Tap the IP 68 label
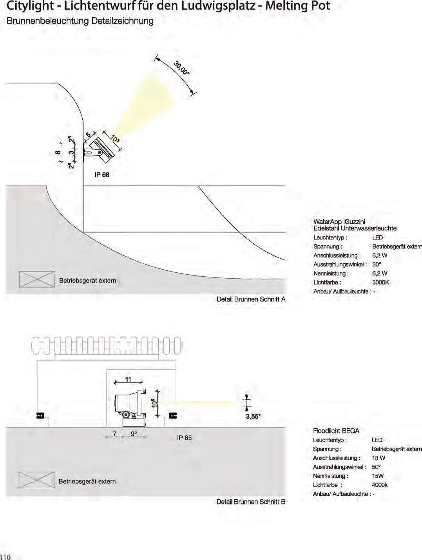[102, 175]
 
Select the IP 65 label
[184, 438]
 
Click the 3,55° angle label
[253, 416]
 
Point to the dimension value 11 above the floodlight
[128, 379]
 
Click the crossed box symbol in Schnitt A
[37, 279]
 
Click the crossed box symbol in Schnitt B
[36, 480]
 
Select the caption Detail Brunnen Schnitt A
[251, 299]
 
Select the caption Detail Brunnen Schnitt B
[251, 502]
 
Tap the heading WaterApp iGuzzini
[339, 222]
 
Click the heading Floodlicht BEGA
[336, 431]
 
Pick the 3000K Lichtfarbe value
[380, 283]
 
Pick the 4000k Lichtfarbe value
[379, 485]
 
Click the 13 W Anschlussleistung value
[378, 458]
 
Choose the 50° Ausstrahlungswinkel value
[376, 467]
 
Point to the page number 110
[5, 557]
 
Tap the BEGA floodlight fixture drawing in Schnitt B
[129, 406]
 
